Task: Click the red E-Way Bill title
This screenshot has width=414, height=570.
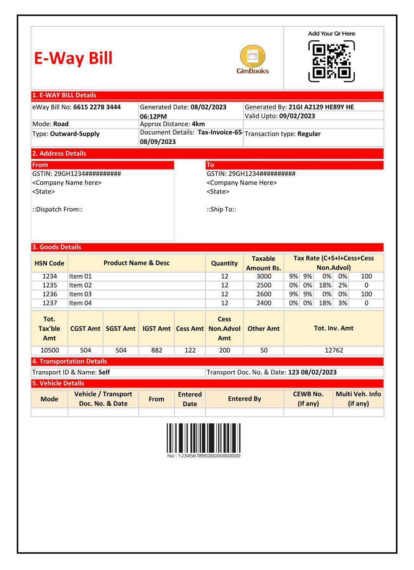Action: point(73,58)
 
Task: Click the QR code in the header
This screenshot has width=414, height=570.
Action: point(331,61)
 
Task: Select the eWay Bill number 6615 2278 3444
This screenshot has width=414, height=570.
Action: point(97,107)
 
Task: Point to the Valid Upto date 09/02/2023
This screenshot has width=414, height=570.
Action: point(297,116)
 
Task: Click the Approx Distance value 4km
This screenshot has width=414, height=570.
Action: point(198,124)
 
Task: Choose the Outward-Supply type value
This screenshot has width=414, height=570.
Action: point(75,134)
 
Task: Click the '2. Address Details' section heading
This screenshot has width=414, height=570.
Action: point(59,153)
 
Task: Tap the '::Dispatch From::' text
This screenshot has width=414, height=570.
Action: point(58,209)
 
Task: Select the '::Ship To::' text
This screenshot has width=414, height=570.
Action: point(222,209)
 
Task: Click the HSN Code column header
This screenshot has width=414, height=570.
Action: point(49,263)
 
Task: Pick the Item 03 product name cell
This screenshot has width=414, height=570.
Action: point(80,294)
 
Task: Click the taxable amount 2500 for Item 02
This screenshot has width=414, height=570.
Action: point(264,285)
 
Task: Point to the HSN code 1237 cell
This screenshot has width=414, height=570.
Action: point(49,303)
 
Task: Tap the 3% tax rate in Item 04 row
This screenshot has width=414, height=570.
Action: point(343,303)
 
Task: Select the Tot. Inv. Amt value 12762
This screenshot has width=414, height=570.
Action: point(334,350)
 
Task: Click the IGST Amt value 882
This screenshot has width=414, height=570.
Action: point(156,350)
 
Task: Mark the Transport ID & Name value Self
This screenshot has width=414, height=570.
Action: point(104,372)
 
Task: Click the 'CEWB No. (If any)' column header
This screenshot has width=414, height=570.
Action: point(308,399)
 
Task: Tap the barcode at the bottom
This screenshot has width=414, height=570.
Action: point(204,438)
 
